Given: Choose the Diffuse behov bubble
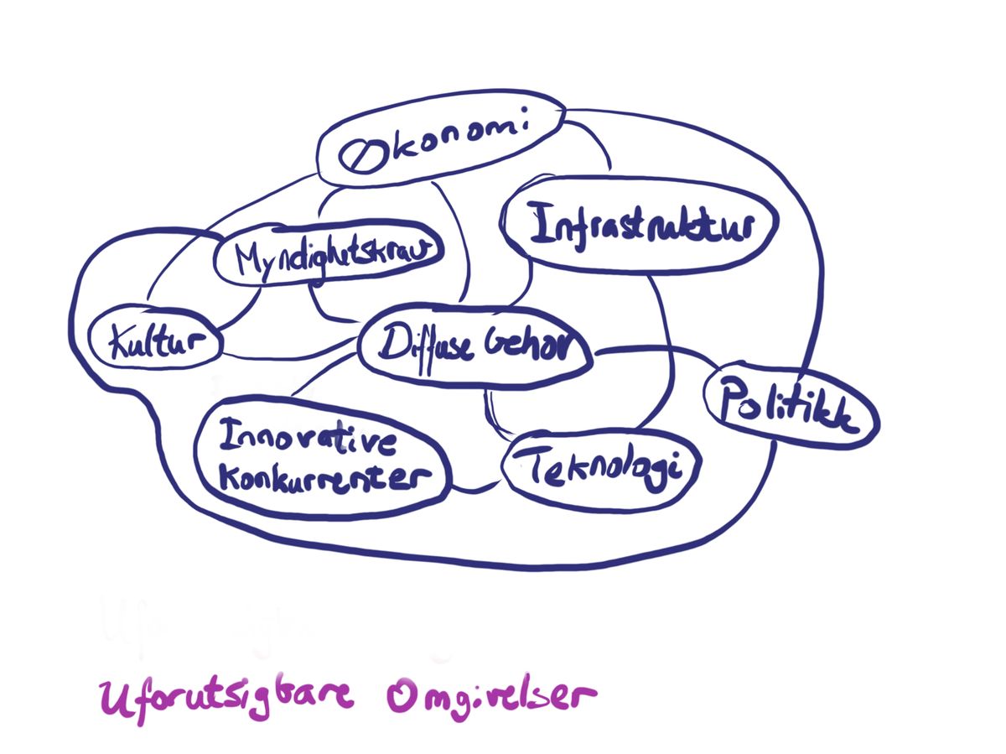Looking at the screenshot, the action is click(475, 344).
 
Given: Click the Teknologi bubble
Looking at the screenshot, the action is click(600, 469).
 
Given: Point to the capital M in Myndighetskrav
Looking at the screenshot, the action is click(249, 258).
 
